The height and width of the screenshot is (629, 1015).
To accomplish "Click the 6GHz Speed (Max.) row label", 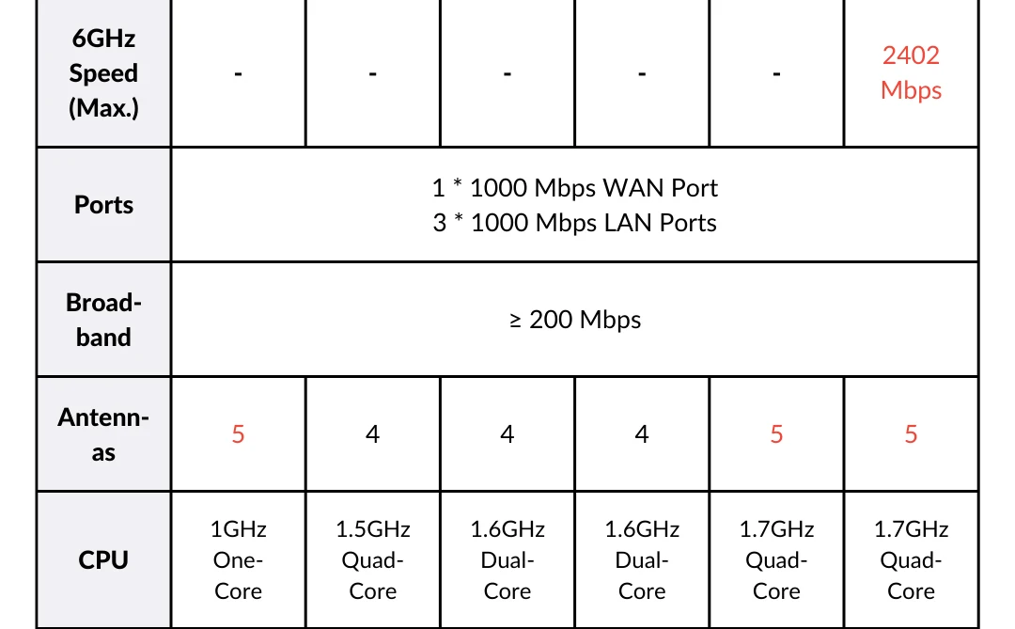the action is click(103, 73).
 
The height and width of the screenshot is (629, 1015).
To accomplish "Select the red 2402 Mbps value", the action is click(911, 72).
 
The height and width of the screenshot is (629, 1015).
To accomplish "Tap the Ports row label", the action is click(103, 205).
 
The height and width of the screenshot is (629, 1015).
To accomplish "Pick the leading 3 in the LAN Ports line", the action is click(440, 223).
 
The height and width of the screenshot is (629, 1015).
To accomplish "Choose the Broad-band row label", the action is click(103, 320).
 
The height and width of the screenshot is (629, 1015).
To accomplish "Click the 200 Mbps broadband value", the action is click(585, 320).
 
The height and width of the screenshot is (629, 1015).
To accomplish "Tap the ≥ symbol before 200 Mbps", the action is click(515, 321).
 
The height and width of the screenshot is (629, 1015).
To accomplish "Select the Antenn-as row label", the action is click(103, 434).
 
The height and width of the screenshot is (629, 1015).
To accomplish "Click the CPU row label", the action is click(103, 560).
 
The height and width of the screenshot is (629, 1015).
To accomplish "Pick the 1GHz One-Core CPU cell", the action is click(239, 560).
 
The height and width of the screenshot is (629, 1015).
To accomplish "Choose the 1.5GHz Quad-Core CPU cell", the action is click(373, 560).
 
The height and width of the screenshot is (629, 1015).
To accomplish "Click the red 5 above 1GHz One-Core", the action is click(239, 434).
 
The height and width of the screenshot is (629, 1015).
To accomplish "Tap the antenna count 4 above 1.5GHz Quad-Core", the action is click(373, 434).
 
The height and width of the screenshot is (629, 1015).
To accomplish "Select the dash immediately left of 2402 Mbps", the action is click(776, 73).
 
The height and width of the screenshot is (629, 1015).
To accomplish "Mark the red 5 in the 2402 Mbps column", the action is click(911, 434).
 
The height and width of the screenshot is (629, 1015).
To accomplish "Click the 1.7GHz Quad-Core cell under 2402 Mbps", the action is click(911, 560).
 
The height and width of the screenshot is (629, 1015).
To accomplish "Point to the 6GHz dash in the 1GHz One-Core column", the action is click(239, 73).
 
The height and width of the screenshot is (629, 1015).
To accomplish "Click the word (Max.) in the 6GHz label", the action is click(103, 108).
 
